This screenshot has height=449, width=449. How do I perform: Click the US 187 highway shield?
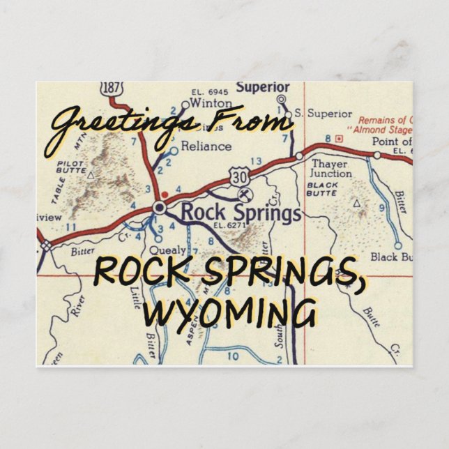pos(111,89)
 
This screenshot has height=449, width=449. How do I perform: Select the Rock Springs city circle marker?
pos(160,207)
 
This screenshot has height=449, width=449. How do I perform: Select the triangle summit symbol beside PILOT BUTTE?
pos(91,170)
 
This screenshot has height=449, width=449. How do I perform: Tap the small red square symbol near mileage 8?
pos(339,139)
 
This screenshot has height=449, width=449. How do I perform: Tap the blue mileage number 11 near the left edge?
pos(70,227)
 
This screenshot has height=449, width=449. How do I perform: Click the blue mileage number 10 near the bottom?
pos(233,356)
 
